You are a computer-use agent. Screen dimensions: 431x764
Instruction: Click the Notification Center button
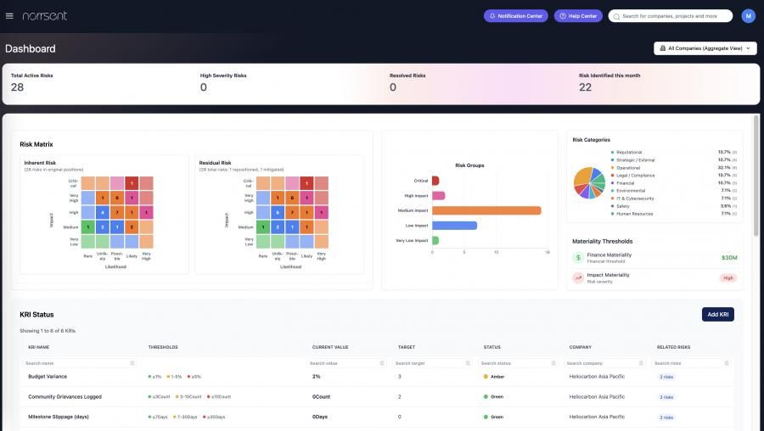point(515,15)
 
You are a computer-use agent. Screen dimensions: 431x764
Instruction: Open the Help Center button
point(578,15)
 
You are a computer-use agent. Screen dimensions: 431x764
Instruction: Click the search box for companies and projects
point(671,15)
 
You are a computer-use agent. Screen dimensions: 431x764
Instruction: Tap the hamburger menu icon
point(9,15)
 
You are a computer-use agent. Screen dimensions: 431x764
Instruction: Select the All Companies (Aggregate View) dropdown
point(705,48)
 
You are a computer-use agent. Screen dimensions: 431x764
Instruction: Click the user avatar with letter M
point(748,15)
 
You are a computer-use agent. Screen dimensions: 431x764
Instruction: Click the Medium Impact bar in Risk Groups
point(486,210)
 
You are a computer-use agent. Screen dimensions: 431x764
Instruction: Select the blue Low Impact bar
point(454,226)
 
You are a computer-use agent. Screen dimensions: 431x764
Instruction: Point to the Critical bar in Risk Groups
point(435,181)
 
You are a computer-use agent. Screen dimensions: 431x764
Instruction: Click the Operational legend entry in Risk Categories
point(628,167)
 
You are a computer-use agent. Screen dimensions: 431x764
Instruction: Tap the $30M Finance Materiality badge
point(728,257)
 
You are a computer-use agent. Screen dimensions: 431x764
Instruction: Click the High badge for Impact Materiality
point(727,277)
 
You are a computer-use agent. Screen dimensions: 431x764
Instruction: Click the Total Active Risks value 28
point(17,87)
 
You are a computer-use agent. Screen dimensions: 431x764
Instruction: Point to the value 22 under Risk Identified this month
point(585,87)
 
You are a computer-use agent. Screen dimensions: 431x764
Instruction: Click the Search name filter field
point(76,363)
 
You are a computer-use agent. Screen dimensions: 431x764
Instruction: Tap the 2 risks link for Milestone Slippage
point(666,417)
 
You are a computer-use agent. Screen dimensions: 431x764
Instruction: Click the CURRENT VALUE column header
point(330,347)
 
